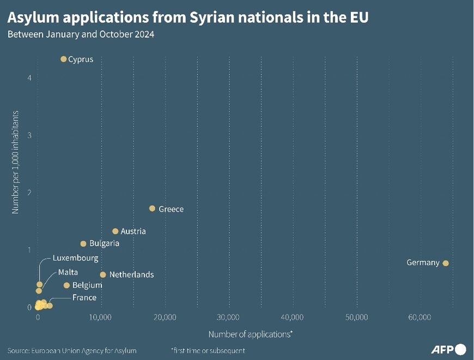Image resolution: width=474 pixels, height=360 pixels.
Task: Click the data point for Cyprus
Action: coord(63,59)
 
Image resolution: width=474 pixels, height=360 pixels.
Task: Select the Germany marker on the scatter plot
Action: coord(446,263)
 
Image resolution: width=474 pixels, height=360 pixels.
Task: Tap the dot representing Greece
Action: coord(152,209)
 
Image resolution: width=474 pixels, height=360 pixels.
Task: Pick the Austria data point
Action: coord(116,231)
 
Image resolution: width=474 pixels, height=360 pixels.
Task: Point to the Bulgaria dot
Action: coord(83,243)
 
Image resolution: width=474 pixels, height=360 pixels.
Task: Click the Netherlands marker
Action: coord(103,274)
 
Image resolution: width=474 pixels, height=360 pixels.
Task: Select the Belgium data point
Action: coord(66,285)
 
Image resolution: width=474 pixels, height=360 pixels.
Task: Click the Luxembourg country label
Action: coord(75,258)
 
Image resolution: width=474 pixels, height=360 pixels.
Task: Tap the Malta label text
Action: coord(68,272)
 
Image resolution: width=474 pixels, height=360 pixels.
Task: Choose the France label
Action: coord(84,297)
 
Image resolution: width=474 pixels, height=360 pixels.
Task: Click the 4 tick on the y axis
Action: coord(29,78)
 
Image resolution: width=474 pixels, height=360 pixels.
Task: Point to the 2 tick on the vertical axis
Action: coord(29,192)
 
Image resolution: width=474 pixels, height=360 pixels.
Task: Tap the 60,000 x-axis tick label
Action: coord(420,317)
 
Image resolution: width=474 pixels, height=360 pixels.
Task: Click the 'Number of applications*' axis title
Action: coord(251,333)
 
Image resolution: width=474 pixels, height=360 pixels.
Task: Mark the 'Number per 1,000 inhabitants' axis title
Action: coord(16,162)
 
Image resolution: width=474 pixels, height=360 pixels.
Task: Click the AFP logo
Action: coord(448,349)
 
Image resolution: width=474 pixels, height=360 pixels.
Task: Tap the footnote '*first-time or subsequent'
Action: coord(208,350)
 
